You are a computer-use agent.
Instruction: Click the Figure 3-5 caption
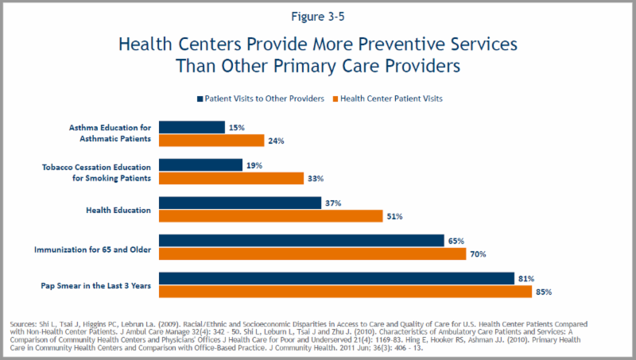[317, 14]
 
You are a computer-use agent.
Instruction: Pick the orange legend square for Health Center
[335, 99]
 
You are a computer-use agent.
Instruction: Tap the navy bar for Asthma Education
[192, 127]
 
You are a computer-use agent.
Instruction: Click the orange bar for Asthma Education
[211, 141]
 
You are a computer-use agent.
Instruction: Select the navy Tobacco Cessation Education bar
[200, 165]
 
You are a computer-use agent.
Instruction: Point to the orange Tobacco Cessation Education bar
[231, 178]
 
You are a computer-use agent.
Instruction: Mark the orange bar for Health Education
[270, 216]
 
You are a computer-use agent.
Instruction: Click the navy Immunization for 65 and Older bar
[301, 241]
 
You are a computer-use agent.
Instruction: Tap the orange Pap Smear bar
[345, 292]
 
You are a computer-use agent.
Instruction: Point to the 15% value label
[237, 127]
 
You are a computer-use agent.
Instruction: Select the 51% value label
[394, 216]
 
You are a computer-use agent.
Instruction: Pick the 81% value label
[525, 278]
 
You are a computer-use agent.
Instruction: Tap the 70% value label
[478, 254]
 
